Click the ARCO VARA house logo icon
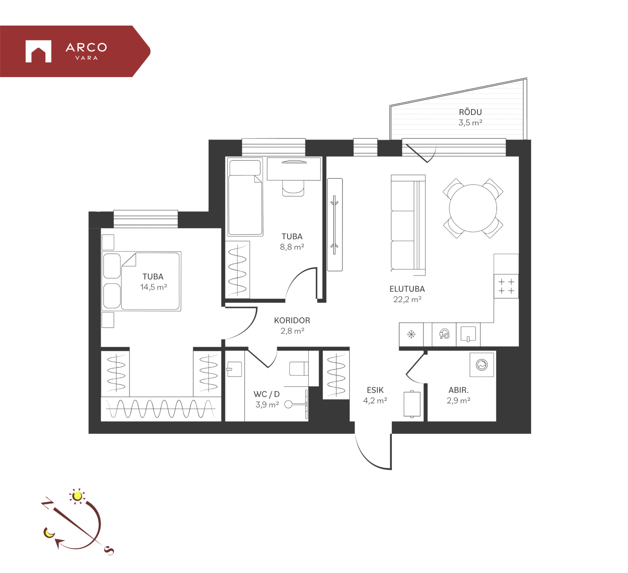[38, 51]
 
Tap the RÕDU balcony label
[470, 112]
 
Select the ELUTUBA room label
[407, 289]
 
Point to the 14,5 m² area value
[153, 287]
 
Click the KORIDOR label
[292, 320]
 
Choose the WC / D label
[267, 394]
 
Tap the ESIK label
[375, 390]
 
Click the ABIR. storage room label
[458, 390]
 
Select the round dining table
[473, 208]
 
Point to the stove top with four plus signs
[506, 286]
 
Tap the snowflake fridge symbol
[411, 334]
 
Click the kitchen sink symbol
[468, 334]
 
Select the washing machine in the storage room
[482, 364]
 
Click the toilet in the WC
[299, 368]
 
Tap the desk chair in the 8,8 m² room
[293, 188]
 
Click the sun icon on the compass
[77, 496]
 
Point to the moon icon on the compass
[49, 532]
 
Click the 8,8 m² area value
[292, 247]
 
